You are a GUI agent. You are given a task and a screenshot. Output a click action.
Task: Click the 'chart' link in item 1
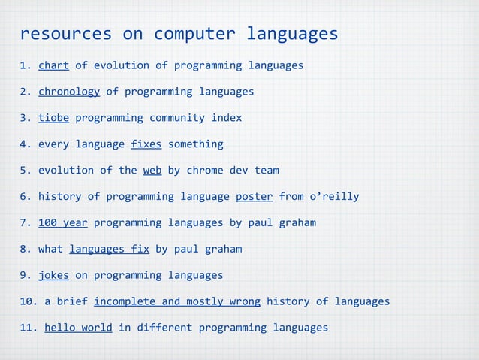pos(53,65)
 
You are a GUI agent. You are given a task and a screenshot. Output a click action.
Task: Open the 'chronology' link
pos(69,92)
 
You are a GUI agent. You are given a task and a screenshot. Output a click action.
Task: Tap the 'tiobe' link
pos(53,118)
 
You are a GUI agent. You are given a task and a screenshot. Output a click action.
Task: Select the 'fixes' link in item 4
pos(146,144)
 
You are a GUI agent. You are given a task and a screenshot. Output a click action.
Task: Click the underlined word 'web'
pos(152,171)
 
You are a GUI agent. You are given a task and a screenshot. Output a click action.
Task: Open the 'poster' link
pos(254,197)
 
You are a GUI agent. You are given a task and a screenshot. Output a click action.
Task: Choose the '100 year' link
pos(63,223)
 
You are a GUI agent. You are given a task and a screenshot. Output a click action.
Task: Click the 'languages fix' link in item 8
pos(109,250)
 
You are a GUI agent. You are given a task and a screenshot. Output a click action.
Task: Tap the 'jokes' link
pos(53,275)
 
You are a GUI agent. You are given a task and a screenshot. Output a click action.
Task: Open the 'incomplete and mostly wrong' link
pos(177,301)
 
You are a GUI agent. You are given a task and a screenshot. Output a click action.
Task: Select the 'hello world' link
pos(78,328)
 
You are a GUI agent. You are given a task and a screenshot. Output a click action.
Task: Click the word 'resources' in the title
pos(65,35)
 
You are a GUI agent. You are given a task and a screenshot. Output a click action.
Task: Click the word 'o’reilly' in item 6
pos(334,197)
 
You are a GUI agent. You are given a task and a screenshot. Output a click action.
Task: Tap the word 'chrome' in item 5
pos(205,171)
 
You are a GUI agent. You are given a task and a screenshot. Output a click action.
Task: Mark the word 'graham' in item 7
pos(297,223)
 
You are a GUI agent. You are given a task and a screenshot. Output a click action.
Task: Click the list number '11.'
pos(29,328)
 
